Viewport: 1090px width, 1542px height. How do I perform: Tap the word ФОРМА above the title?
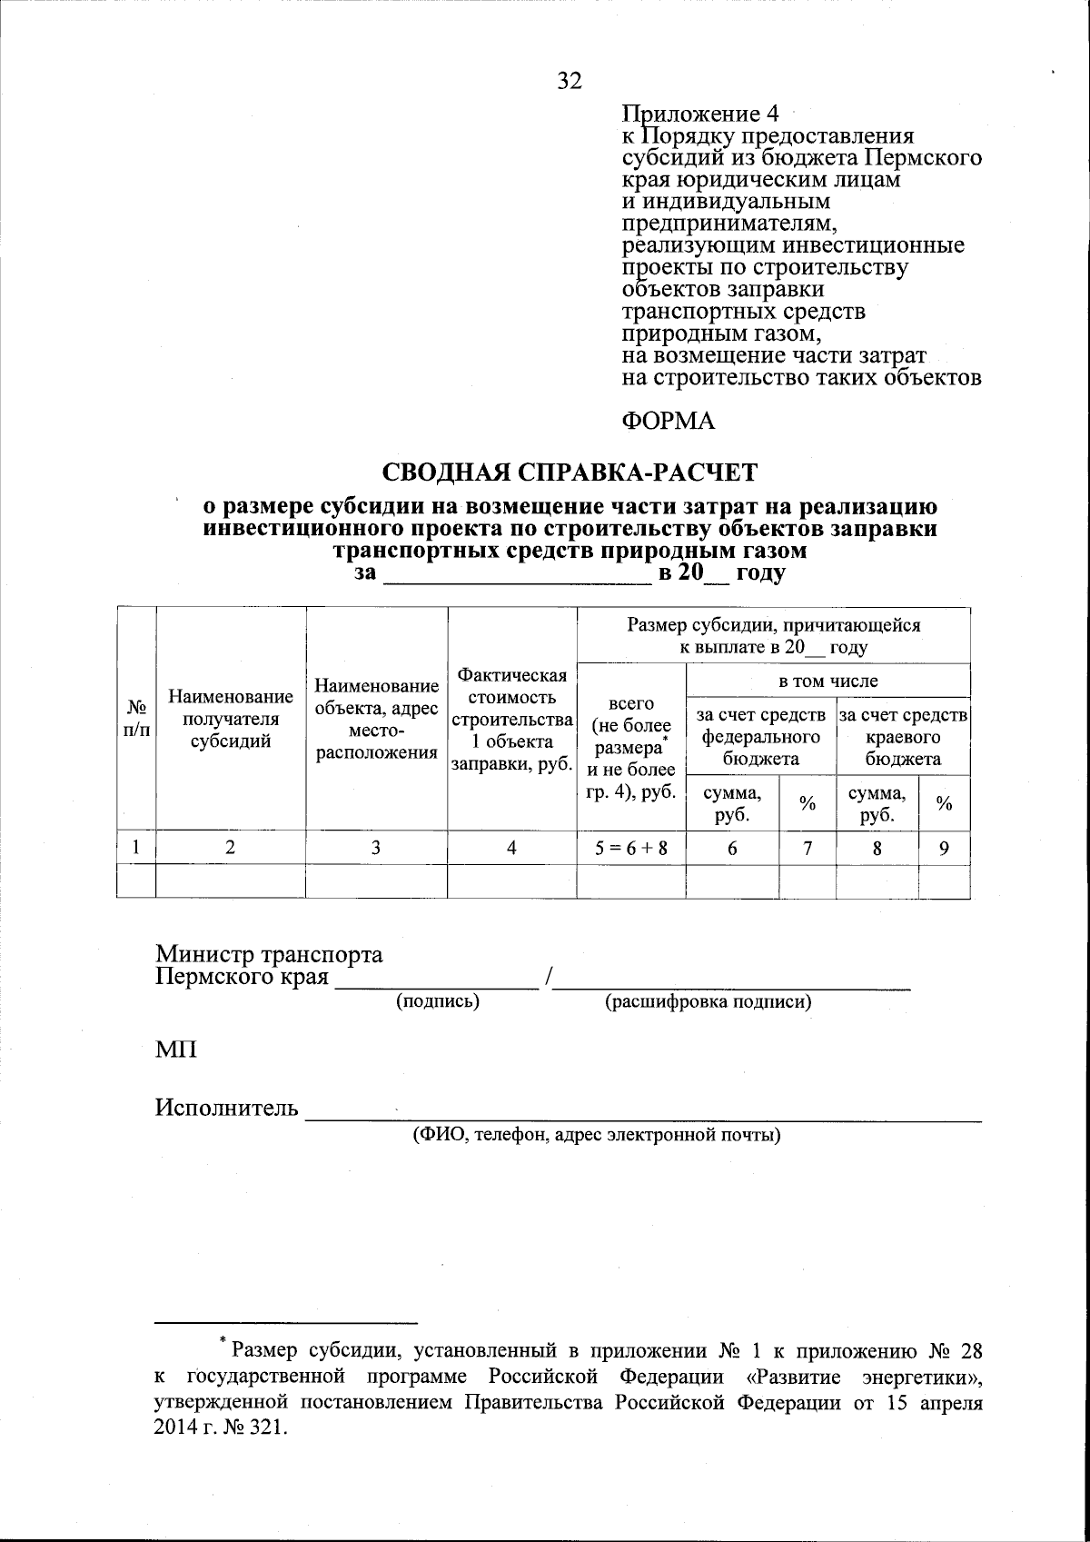click(668, 421)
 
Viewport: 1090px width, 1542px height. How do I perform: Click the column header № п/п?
click(136, 718)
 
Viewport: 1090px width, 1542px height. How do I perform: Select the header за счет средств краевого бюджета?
click(903, 737)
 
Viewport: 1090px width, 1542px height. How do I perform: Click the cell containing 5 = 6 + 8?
click(631, 848)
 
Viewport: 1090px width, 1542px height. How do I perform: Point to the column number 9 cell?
click(944, 848)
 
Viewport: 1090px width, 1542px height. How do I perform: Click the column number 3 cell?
click(376, 848)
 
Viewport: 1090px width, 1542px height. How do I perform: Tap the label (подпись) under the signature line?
click(437, 1001)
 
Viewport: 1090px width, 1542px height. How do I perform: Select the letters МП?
click(175, 1050)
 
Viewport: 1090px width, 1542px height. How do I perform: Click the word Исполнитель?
click(226, 1108)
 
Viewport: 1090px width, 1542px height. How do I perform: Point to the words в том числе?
click(828, 681)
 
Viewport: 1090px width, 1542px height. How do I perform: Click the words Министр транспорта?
click(269, 955)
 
